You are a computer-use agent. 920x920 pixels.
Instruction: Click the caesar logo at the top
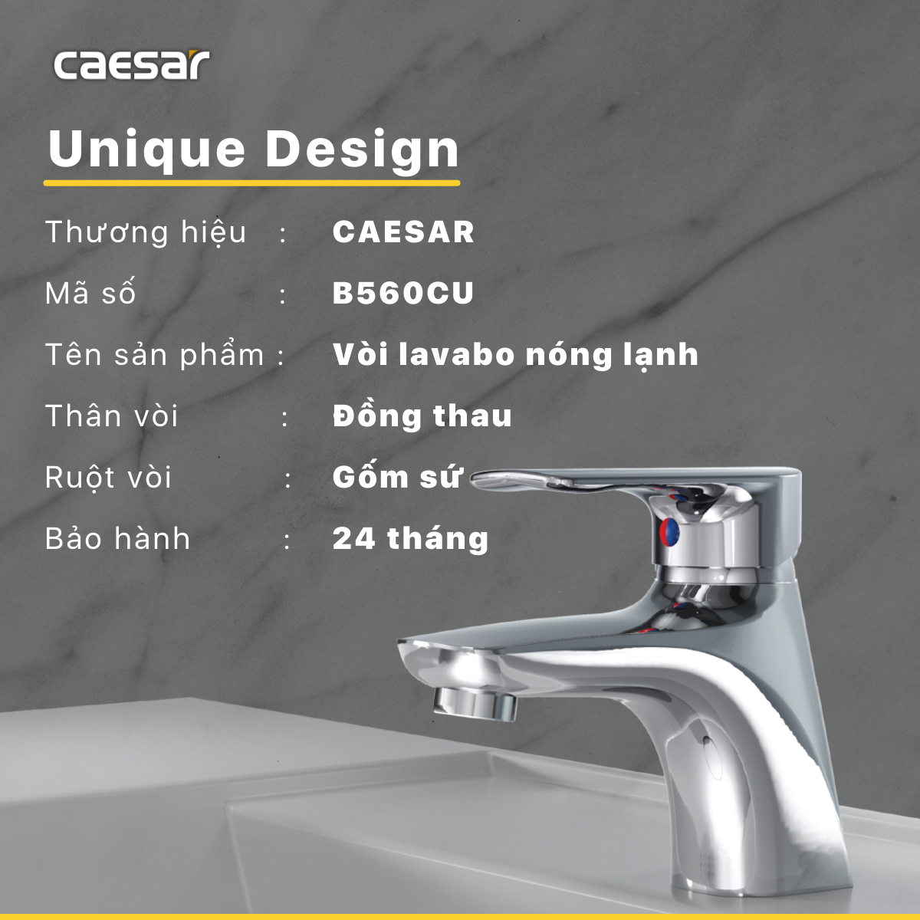[x=131, y=65]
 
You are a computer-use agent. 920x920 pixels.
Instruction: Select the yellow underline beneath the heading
[x=251, y=183]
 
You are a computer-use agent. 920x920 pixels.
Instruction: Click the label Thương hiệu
[x=146, y=232]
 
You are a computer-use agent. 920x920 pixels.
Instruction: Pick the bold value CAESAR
[x=403, y=232]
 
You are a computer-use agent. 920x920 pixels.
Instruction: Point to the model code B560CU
[x=403, y=294]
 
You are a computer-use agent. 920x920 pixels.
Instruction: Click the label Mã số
[x=90, y=294]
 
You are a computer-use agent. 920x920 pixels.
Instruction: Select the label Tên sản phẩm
[x=154, y=355]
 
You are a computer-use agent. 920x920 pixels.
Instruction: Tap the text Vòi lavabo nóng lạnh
[x=515, y=355]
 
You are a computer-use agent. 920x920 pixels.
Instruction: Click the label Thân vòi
[x=112, y=416]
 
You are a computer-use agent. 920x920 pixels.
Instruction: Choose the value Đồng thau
[x=422, y=416]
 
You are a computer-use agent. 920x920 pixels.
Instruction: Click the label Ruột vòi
[x=108, y=478]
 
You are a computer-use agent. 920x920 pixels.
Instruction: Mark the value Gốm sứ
[x=397, y=477]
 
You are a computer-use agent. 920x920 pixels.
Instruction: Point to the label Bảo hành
[x=118, y=539]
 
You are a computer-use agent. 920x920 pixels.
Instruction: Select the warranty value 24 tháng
[x=410, y=539]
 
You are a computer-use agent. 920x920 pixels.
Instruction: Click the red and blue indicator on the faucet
[x=669, y=531]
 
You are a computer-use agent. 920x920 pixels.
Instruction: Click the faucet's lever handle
[x=583, y=481]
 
